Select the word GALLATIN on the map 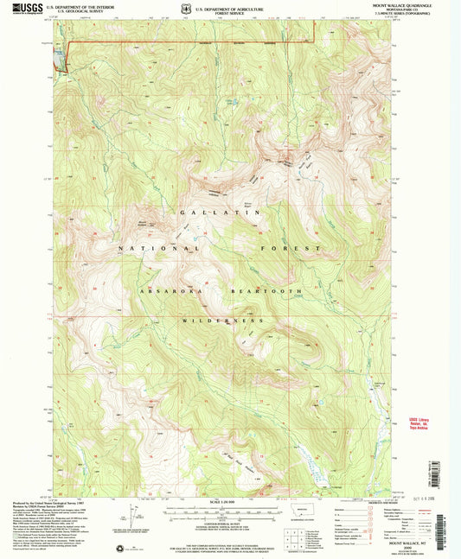click(222, 213)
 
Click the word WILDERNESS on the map click(221, 320)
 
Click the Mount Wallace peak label click(144, 222)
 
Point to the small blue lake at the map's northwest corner click(60, 58)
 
